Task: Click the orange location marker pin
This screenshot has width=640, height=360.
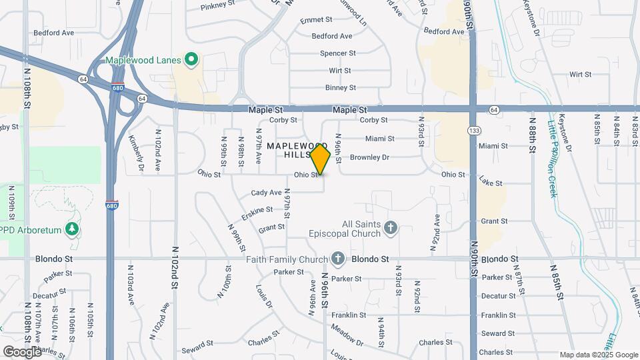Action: point(321,159)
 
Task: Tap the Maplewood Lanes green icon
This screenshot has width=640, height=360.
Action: point(192,60)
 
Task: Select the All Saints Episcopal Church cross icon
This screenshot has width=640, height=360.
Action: point(391,229)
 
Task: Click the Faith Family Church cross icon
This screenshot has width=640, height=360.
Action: point(339,259)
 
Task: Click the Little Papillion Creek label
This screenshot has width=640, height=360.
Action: point(551,156)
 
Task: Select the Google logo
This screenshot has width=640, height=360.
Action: point(22,351)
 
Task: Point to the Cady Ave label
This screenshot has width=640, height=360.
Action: point(266,193)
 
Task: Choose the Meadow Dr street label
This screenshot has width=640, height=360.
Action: point(347,336)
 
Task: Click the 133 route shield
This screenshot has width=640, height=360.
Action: point(473,129)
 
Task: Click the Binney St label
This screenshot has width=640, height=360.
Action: point(341,87)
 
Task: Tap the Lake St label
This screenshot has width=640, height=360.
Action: point(490,182)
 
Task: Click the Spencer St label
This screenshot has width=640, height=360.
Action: point(338,53)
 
